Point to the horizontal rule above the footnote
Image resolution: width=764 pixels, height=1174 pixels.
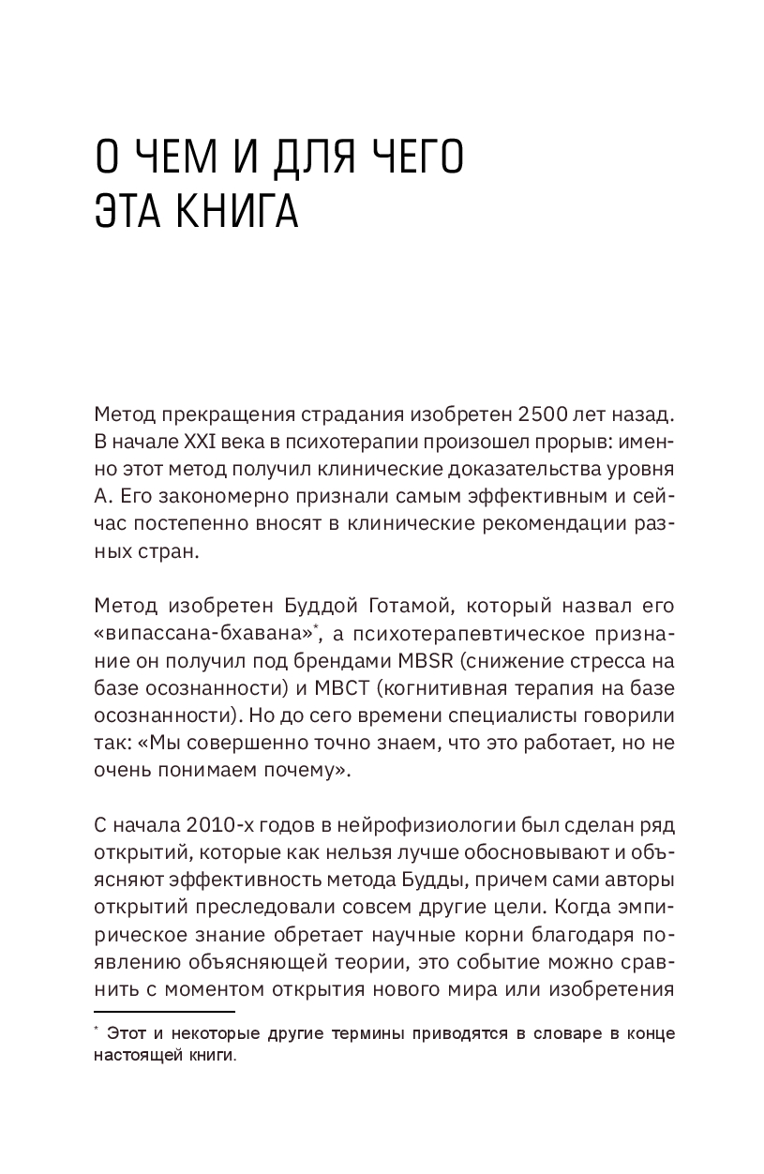164,1011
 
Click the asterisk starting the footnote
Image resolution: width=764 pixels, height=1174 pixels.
97,1031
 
